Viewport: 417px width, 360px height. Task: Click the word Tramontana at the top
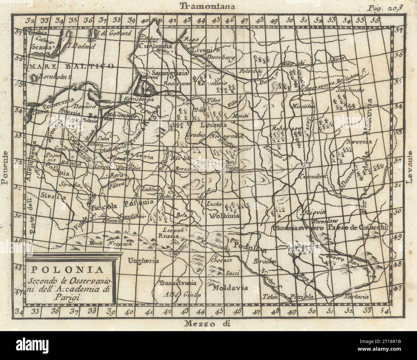[208, 5]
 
